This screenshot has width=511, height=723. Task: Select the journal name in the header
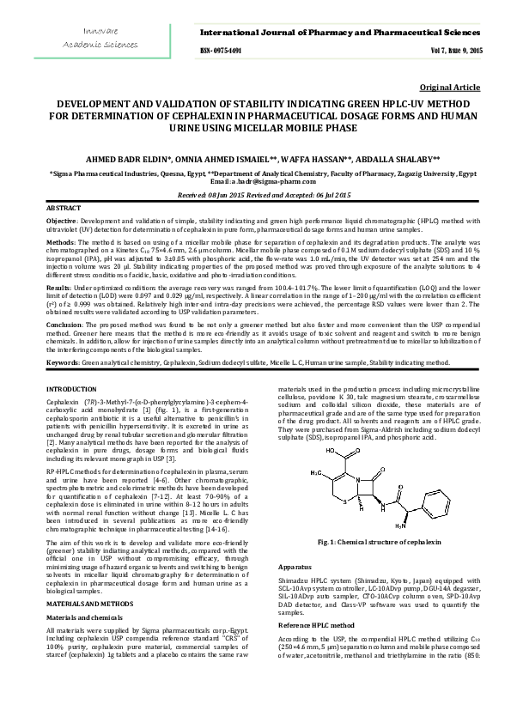pyautogui.click(x=342, y=32)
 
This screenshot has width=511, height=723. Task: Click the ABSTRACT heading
pyautogui.click(x=63, y=209)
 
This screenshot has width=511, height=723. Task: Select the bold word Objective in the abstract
pyautogui.click(x=60, y=222)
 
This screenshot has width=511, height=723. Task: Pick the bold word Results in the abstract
pyautogui.click(x=58, y=287)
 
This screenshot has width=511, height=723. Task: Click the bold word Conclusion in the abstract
pyautogui.click(x=64, y=325)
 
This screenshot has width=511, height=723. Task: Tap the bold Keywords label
pyautogui.click(x=62, y=363)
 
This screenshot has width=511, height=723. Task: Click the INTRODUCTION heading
pyautogui.click(x=70, y=390)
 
